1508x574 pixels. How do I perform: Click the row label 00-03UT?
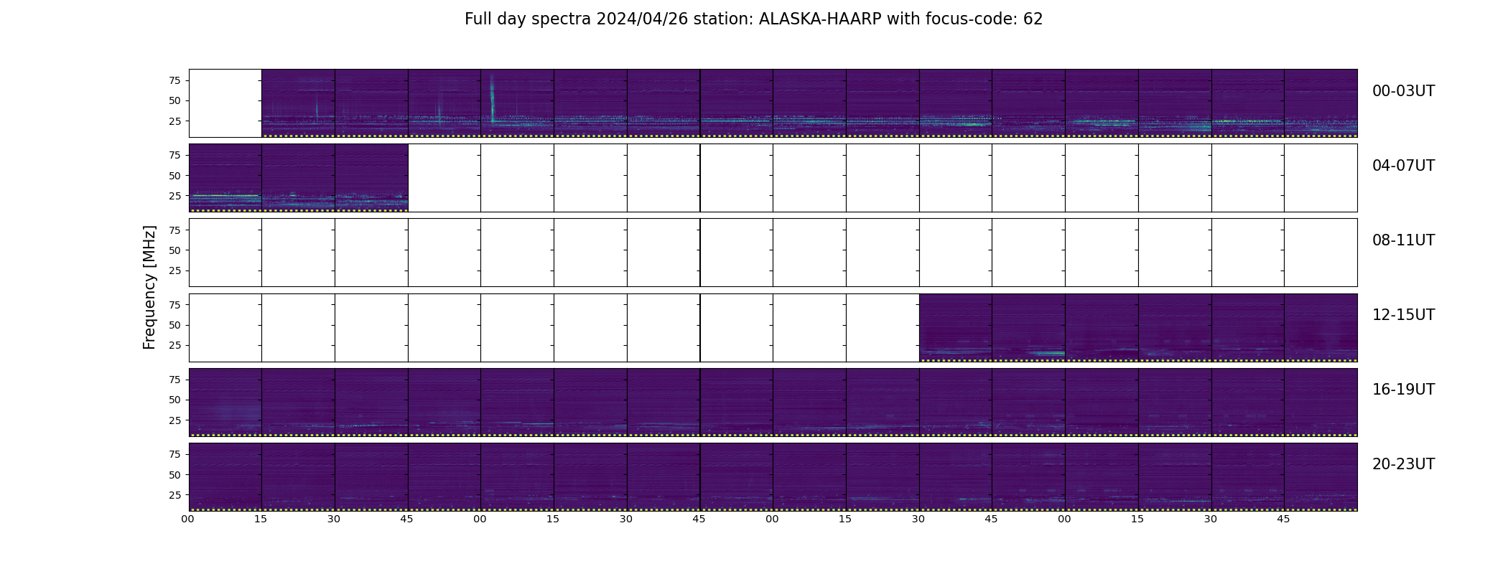pyautogui.click(x=1403, y=91)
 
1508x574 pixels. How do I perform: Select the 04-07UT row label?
pyautogui.click(x=1403, y=166)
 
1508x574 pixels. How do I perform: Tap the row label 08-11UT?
pyautogui.click(x=1403, y=240)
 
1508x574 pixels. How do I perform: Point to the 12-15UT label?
pyautogui.click(x=1403, y=315)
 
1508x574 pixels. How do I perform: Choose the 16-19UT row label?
pyautogui.click(x=1403, y=390)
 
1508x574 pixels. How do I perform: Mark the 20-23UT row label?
pyautogui.click(x=1403, y=464)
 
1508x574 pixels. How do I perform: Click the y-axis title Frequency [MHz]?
pyautogui.click(x=149, y=287)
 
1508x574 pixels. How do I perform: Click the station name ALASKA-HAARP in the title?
pyautogui.click(x=820, y=19)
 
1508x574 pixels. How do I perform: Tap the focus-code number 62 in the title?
pyautogui.click(x=1033, y=19)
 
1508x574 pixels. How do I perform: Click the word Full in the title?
pyautogui.click(x=478, y=19)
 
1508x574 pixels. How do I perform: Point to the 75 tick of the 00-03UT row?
pyautogui.click(x=175, y=80)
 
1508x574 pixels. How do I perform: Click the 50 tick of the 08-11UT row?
pyautogui.click(x=175, y=250)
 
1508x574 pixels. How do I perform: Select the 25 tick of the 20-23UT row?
pyautogui.click(x=175, y=495)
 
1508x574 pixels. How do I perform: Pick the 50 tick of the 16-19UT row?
pyautogui.click(x=175, y=400)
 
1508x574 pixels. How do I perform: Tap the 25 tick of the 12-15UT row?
pyautogui.click(x=175, y=345)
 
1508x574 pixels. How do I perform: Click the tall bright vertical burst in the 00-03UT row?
pyautogui.click(x=492, y=97)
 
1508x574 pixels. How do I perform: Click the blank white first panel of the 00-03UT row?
pyautogui.click(x=225, y=103)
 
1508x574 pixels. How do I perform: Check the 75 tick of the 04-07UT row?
pyautogui.click(x=175, y=155)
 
